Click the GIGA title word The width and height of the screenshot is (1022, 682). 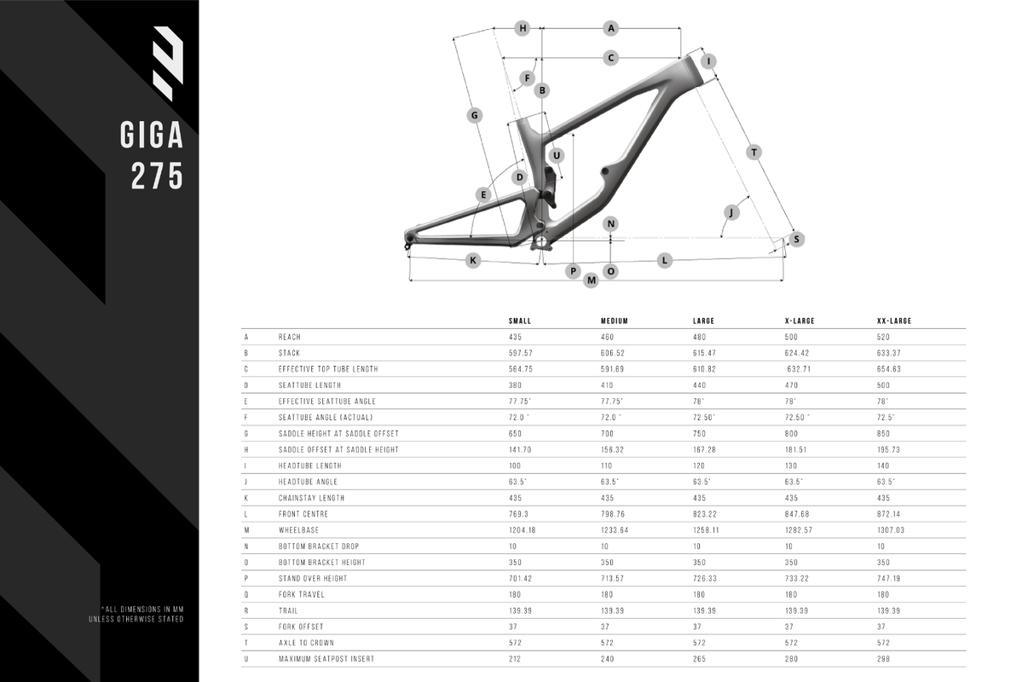point(153,136)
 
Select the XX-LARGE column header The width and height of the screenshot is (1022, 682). point(894,321)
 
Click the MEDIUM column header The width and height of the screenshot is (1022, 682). point(614,321)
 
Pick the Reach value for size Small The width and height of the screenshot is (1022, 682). point(517,337)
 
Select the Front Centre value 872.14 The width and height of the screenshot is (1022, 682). point(890,514)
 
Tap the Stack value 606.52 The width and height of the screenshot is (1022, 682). point(614,353)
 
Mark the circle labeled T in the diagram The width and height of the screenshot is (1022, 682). point(754,152)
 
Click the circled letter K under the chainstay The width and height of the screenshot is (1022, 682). point(474,260)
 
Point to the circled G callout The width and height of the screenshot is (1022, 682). point(476,115)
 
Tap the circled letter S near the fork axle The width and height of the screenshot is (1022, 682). point(796,240)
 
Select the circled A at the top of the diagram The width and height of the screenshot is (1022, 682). point(610,28)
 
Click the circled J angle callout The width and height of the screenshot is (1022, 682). point(731,211)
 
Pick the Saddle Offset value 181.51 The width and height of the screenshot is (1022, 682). point(799,449)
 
